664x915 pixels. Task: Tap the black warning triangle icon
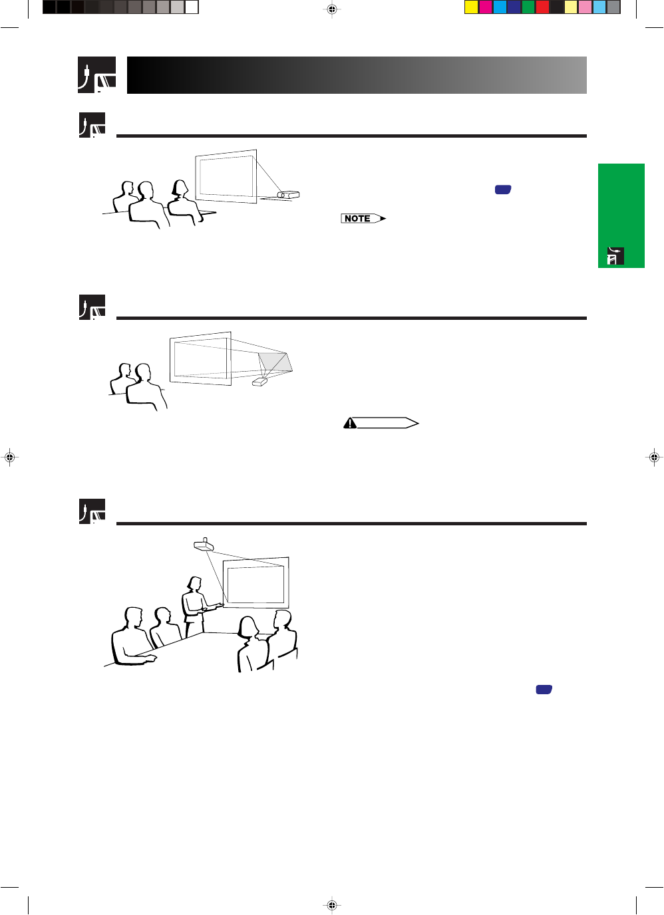pyautogui.click(x=350, y=423)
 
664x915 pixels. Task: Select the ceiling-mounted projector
pyautogui.click(x=204, y=545)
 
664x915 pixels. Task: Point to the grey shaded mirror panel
pyautogui.click(x=275, y=362)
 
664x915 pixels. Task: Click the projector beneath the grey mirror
pyautogui.click(x=259, y=382)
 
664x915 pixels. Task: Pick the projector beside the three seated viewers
pyautogui.click(x=288, y=195)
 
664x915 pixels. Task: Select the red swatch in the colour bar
pyautogui.click(x=542, y=7)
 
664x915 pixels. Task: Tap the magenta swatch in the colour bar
pyautogui.click(x=486, y=7)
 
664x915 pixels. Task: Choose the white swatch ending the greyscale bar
pyautogui.click(x=191, y=7)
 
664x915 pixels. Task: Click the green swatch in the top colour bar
pyautogui.click(x=528, y=7)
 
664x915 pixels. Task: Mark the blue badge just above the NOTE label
pyautogui.click(x=503, y=190)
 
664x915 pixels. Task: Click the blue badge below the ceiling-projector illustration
pyautogui.click(x=544, y=690)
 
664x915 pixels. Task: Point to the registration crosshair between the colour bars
pyautogui.click(x=332, y=9)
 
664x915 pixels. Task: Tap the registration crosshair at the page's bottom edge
pyautogui.click(x=332, y=905)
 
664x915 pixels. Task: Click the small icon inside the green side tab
pyautogui.click(x=615, y=256)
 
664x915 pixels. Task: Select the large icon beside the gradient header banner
pyautogui.click(x=97, y=75)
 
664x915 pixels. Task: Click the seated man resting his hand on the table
pyautogui.click(x=134, y=637)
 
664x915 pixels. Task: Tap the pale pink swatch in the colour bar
pyautogui.click(x=585, y=7)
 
